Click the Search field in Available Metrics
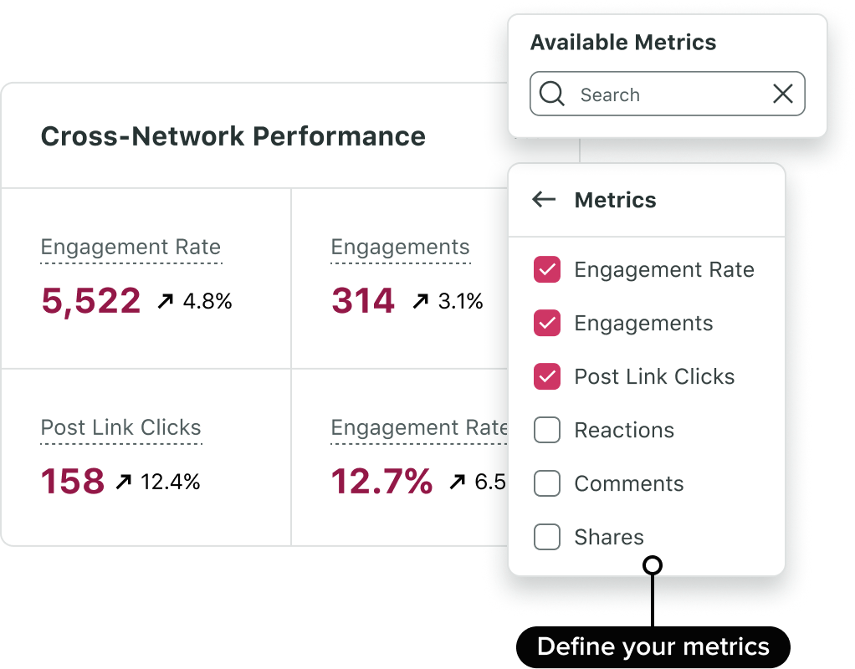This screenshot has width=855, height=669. pyautogui.click(x=661, y=94)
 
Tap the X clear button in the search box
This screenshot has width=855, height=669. pyautogui.click(x=783, y=94)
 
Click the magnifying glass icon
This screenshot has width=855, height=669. pyautogui.click(x=552, y=94)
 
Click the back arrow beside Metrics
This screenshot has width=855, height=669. pyautogui.click(x=544, y=199)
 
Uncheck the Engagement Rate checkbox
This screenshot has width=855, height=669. pyautogui.click(x=547, y=269)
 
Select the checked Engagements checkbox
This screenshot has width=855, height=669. pyautogui.click(x=547, y=323)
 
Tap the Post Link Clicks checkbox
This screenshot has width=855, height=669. pyautogui.click(x=547, y=376)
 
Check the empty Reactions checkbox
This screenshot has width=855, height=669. pyautogui.click(x=547, y=430)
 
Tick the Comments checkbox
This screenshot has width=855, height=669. pyautogui.click(x=547, y=483)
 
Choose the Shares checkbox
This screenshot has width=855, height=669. pyautogui.click(x=547, y=537)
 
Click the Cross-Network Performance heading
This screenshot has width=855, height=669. pyautogui.click(x=233, y=136)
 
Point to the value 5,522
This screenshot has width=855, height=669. pyautogui.click(x=90, y=301)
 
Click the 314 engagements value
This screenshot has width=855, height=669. pyautogui.click(x=362, y=301)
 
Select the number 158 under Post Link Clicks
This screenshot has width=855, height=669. pyautogui.click(x=73, y=482)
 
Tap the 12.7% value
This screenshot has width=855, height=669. pyautogui.click(x=381, y=482)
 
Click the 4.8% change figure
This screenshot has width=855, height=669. pyautogui.click(x=207, y=301)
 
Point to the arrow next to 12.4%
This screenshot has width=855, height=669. pyautogui.click(x=124, y=482)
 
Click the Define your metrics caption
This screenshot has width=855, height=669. pyautogui.click(x=653, y=646)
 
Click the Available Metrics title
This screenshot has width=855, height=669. pyautogui.click(x=623, y=43)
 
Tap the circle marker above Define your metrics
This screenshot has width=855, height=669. pyautogui.click(x=653, y=565)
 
